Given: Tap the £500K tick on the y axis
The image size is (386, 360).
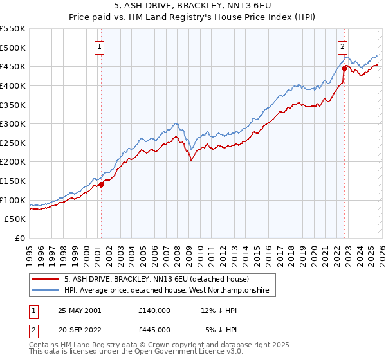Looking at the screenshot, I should (13, 48).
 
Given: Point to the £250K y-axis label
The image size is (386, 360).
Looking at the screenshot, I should (13, 143).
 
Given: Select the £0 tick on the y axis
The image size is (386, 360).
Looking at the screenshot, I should (21, 239).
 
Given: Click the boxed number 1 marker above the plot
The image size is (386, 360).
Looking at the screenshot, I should (100, 46).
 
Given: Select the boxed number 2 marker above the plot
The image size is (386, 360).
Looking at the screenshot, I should (343, 46).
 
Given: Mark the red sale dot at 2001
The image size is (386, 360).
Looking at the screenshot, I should (102, 185).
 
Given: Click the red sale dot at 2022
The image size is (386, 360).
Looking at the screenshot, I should (345, 68).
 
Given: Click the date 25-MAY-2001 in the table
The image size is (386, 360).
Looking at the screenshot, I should (79, 310).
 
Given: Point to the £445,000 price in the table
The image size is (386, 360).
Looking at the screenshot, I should (154, 329).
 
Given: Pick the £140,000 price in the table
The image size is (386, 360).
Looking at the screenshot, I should (154, 310).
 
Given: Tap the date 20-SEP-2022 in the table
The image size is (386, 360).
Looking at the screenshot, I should (79, 329).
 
